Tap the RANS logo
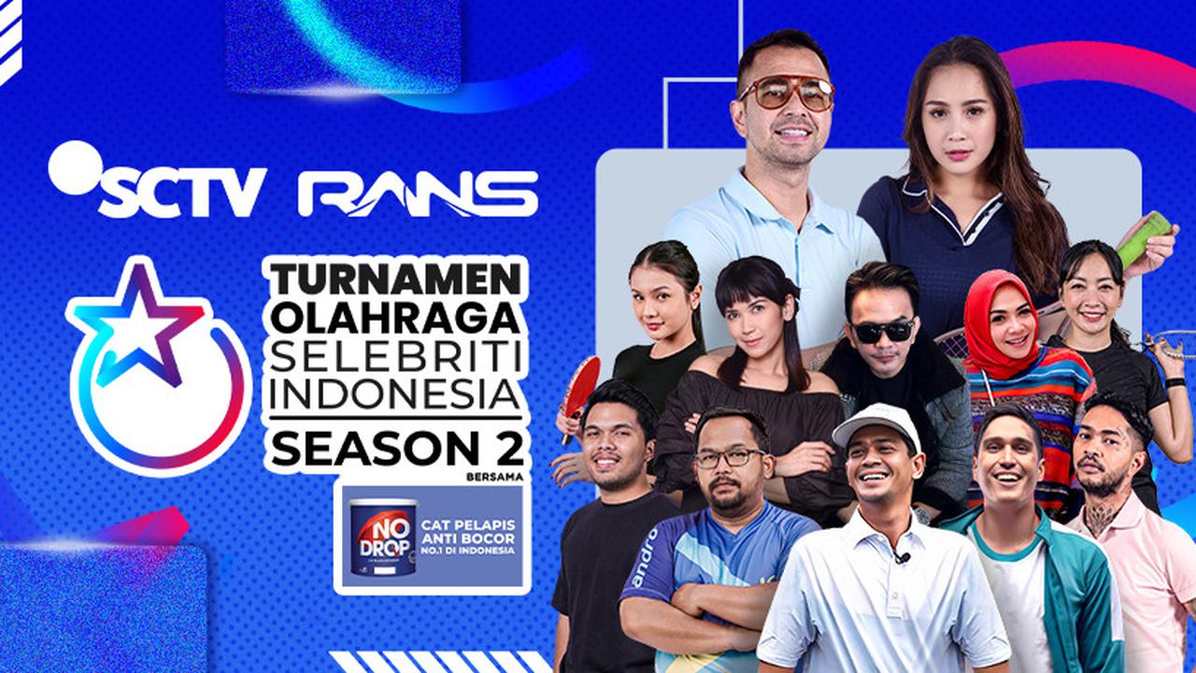point(418,193)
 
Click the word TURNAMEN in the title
point(395,279)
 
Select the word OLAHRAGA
point(395,319)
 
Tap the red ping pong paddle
point(581,382)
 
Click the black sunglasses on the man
point(882,331)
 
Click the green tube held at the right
point(1145,237)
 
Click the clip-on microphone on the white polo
point(902,558)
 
